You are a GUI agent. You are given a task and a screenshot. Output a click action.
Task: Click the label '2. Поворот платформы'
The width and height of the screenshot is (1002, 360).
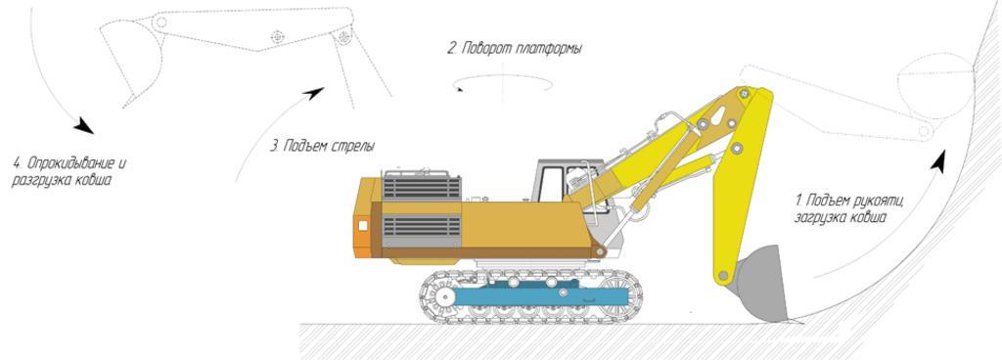tap(515, 49)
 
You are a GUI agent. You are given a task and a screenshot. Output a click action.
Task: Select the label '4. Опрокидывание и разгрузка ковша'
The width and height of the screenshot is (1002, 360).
tap(69, 171)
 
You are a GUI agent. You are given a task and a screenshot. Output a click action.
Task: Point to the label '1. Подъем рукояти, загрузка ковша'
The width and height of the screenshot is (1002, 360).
tap(849, 208)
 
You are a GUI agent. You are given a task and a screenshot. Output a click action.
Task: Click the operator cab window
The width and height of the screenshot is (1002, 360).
tap(551, 181)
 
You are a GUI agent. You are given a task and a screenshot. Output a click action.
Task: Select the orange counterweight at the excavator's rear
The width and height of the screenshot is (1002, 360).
tap(367, 217)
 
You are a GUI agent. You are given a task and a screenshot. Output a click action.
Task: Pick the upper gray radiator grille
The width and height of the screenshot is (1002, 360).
tap(421, 188)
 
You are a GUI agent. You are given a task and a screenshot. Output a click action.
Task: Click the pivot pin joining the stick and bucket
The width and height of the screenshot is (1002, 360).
tap(723, 276)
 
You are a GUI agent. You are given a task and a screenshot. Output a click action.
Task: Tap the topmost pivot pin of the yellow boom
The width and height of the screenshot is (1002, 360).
tap(744, 95)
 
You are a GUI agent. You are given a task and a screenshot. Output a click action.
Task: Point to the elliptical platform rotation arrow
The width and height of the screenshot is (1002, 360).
tap(502, 85)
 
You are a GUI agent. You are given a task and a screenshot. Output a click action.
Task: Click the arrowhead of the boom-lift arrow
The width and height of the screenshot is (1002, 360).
tap(314, 93)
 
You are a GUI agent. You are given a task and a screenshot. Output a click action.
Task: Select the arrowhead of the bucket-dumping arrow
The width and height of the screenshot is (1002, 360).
tap(84, 126)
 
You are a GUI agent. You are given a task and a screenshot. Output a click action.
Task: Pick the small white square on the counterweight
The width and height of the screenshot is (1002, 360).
tap(363, 225)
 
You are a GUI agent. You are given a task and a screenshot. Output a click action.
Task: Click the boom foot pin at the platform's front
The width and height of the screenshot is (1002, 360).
tap(599, 250)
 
